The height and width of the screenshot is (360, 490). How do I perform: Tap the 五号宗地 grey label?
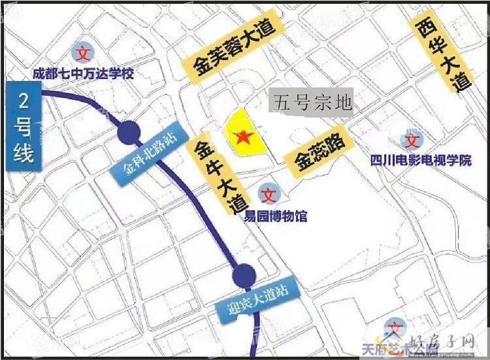point(314,102)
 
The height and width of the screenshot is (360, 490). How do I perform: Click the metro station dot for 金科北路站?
point(129,133)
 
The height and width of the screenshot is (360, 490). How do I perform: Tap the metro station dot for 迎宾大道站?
point(244,272)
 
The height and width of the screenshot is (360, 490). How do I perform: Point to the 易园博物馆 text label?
point(276,216)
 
